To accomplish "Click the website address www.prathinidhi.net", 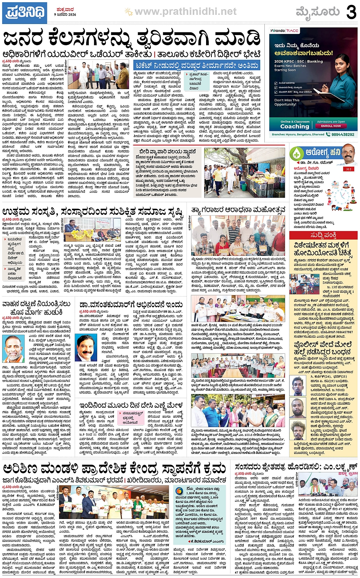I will coord(185,12).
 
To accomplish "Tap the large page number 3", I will coord(351,12).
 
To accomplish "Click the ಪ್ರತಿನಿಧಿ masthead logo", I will coord(25,13).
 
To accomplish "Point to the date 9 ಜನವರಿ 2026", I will coord(65,14).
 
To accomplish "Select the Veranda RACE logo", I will coord(284,30).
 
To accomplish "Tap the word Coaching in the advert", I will coord(294,126).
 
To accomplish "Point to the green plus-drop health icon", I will coord(296,153).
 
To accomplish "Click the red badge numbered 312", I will coord(349,169).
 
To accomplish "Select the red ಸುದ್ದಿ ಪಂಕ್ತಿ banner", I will coord(323,235).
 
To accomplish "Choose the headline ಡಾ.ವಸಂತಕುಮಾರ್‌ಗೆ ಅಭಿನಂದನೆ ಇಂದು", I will coord(131,305).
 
